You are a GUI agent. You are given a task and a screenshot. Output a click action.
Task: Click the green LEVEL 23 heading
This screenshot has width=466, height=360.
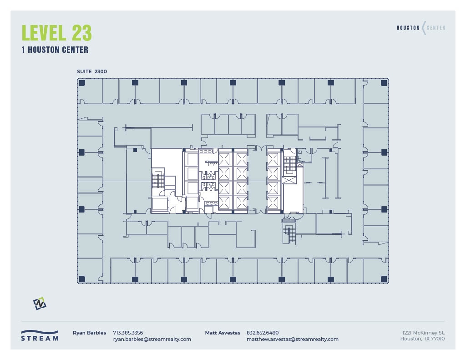57,33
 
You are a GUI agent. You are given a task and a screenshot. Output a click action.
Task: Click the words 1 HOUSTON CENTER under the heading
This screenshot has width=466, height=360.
55,50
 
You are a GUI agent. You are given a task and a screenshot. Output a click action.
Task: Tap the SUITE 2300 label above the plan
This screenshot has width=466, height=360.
92,71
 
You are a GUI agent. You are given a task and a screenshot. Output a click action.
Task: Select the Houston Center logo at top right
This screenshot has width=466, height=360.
420,28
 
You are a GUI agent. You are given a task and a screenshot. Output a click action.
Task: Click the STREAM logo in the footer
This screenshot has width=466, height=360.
40,335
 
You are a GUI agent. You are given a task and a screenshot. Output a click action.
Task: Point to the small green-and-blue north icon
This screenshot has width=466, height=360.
40,304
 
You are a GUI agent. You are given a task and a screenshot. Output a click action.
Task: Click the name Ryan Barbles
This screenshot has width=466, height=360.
89,333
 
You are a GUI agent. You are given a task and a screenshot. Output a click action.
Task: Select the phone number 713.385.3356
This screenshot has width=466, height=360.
128,333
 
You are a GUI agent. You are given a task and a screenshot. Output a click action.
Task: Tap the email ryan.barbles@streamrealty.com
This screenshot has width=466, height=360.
152,339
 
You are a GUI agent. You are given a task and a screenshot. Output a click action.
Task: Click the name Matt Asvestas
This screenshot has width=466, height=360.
223,333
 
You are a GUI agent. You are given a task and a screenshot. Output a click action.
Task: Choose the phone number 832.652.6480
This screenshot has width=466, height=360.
262,333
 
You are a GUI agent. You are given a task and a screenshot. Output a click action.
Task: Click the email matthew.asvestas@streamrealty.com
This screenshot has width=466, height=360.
292,339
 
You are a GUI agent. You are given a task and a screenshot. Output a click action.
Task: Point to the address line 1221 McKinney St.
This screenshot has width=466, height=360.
423,333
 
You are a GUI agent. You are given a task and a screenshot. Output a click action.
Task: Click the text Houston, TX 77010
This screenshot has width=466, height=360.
422,339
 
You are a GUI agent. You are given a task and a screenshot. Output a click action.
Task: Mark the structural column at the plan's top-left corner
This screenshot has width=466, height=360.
82,83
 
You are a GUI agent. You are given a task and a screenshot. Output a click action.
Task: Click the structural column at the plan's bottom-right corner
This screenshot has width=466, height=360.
384,279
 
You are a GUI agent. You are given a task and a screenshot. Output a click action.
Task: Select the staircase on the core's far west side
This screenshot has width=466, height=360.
157,179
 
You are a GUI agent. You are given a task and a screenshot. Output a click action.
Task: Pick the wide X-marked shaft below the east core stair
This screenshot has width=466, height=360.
289,180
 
